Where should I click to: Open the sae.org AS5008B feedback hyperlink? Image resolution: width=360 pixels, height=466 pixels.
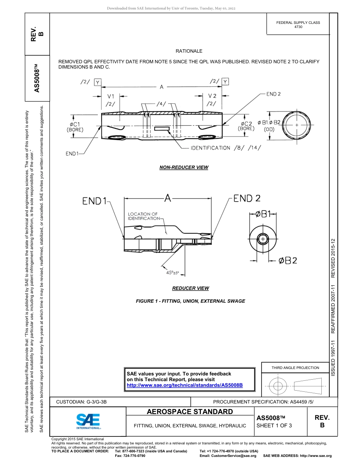coord(185,385)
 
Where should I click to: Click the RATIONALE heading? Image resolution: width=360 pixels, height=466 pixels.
coord(189,51)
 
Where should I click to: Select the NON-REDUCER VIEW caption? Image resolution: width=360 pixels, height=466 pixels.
coord(184,167)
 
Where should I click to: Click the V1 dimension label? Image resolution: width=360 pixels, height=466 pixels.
coord(111,96)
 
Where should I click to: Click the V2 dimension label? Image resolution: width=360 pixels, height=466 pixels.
coord(212,96)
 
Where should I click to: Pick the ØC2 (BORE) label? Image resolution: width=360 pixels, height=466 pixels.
coord(246,126)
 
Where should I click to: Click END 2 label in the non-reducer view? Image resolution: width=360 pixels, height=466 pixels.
coord(273,94)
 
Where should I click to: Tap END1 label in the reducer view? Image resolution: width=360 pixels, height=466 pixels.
coord(94,201)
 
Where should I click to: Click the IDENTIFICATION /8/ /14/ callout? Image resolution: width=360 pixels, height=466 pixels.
coord(226,148)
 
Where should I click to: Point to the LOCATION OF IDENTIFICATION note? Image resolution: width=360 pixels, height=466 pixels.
coord(143,216)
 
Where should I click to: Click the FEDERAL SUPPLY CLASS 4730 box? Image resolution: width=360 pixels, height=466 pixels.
coord(298,25)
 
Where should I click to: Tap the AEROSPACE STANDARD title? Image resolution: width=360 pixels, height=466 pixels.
coord(190,412)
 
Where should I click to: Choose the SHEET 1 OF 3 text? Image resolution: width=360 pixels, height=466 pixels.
coord(274,425)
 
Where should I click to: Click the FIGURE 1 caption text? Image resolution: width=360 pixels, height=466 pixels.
coord(190,301)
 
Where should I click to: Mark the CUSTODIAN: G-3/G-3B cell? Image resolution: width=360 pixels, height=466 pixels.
coord(84,402)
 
